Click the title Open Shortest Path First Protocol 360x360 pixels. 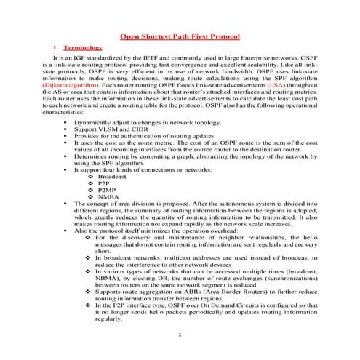[x=180, y=36]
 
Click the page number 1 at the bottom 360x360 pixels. [x=179, y=333]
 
